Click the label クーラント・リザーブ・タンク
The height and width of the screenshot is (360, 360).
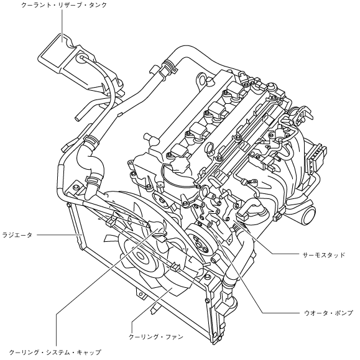point(64,5)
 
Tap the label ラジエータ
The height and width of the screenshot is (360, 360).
point(17,235)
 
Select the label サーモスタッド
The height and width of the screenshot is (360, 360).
point(324,255)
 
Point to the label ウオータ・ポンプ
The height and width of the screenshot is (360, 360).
point(328,313)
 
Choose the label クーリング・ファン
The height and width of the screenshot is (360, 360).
point(156,337)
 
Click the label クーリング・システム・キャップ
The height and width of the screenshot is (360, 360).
point(55,352)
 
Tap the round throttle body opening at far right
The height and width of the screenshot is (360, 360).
point(309,213)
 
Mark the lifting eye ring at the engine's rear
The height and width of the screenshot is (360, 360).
point(203,80)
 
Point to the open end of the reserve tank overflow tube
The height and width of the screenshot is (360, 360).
point(78,118)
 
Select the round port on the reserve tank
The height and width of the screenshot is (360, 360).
point(81,58)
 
